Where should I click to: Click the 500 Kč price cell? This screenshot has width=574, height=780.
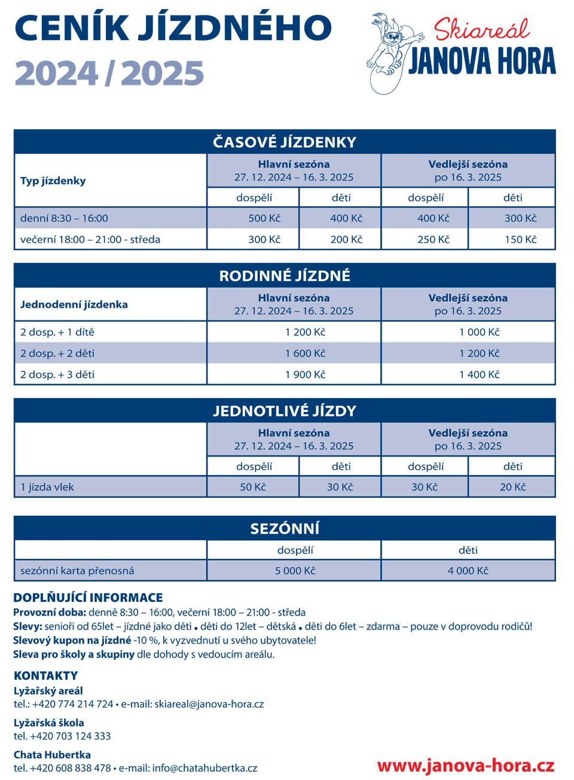coord(264,218)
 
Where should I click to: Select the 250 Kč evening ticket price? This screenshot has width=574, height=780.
coord(433,239)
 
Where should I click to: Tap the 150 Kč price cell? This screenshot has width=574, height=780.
coord(520,239)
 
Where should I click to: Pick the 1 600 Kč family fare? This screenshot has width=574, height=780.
coord(305,353)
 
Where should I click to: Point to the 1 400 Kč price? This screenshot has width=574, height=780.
coord(479,375)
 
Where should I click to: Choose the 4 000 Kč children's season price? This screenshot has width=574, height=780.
coord(468,571)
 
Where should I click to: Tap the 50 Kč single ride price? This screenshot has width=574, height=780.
coord(253,487)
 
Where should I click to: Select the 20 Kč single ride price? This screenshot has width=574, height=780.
coord(512,487)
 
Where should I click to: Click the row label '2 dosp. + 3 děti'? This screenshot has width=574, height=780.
coord(57,375)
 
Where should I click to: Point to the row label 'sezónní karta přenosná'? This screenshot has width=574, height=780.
coord(77,571)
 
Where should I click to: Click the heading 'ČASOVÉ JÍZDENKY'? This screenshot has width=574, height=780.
coord(285,142)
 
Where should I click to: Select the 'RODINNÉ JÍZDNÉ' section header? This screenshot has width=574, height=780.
coord(285,276)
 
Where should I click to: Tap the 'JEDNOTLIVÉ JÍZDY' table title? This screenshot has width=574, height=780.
coord(285,411)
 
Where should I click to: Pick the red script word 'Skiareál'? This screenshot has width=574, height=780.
coord(481,29)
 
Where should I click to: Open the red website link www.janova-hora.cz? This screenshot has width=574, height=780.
coord(466,766)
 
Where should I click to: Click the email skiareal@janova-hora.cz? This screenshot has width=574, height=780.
coord(209,704)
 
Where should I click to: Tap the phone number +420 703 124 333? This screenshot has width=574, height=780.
coord(70,736)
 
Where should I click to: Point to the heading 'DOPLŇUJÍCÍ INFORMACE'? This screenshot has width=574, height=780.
coord(88,598)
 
